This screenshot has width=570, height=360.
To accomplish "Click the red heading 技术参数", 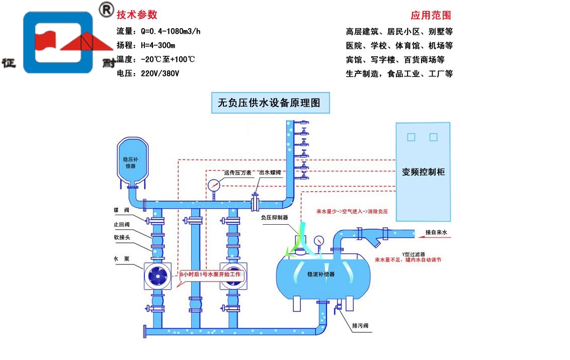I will pos(137,15).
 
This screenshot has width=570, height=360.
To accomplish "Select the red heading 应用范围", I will pos(431,15).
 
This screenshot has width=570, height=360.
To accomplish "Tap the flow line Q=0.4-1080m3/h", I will pos(158,31).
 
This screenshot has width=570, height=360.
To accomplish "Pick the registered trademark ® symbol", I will pos(106,10).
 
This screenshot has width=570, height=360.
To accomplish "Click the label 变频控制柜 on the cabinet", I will pos(423,172).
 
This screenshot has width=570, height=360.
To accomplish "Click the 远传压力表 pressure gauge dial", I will pos(213,185).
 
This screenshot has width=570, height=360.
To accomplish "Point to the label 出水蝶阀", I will pos(269,172).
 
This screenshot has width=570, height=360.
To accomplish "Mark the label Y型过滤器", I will pos(414,254).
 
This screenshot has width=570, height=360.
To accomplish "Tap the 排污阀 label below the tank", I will pos(360,326).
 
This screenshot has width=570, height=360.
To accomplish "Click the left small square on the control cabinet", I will pos(411,137).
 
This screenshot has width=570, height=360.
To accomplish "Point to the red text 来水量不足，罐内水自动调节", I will pos(408,260).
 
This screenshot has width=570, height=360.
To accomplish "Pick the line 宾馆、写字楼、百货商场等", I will pos(395,59).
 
